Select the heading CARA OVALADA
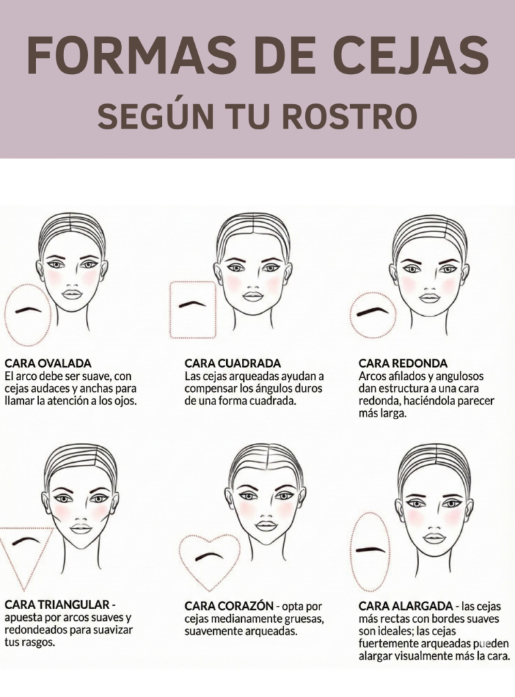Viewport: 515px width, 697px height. point(48,363)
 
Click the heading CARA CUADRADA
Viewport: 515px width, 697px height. point(232,363)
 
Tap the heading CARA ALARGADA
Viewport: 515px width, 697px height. point(405,606)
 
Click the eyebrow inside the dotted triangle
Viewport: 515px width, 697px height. point(28,542)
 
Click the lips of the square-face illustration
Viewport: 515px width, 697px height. point(253,297)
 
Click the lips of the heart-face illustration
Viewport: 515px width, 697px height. point(266,525)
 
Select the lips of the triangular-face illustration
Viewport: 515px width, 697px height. point(81,528)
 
